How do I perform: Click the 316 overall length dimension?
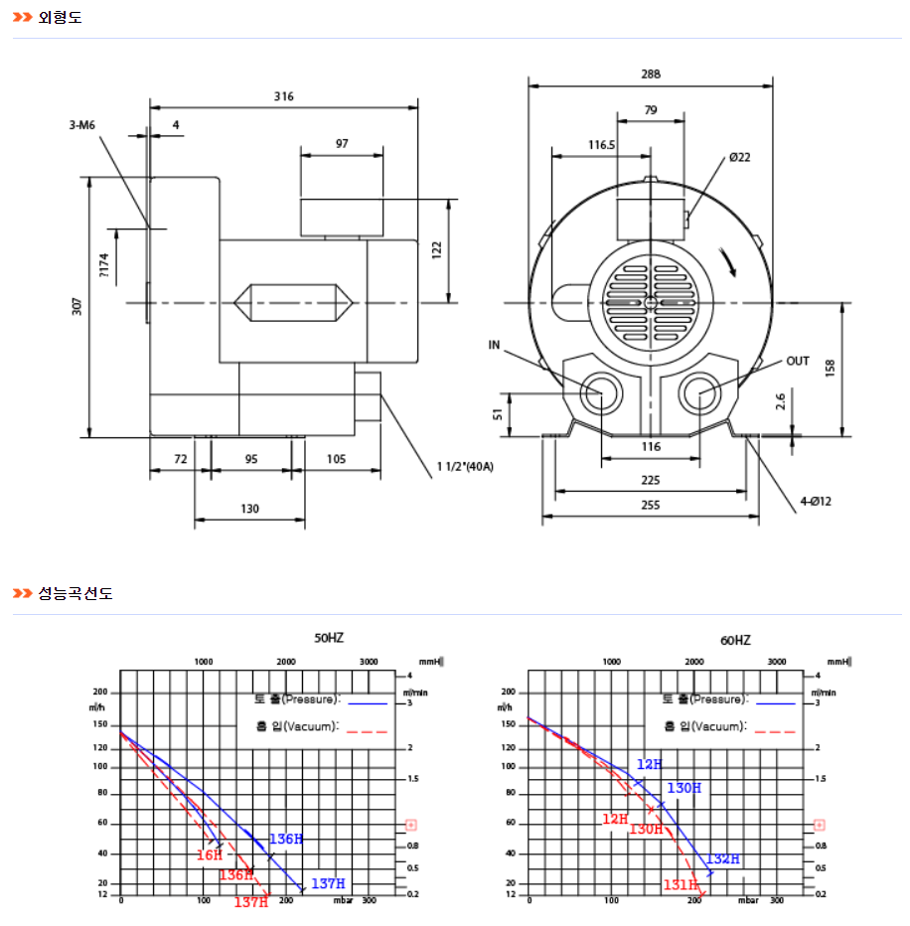[284, 96]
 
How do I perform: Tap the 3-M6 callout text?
[82, 125]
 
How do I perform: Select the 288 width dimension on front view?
[651, 74]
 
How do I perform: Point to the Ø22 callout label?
[739, 157]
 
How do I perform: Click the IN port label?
[495, 345]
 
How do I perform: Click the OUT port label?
[798, 361]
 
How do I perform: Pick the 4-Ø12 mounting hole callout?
[816, 502]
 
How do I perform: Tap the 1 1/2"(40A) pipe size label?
[465, 465]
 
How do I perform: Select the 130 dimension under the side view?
[249, 509]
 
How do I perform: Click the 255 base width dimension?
[650, 506]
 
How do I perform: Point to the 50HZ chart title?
[329, 639]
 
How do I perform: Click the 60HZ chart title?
[735, 641]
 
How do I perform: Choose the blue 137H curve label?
[328, 883]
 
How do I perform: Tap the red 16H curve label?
[210, 854]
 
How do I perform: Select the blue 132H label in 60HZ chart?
[723, 858]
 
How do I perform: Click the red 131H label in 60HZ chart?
[681, 884]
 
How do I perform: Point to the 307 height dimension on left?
[77, 307]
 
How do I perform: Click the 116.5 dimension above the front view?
[601, 144]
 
